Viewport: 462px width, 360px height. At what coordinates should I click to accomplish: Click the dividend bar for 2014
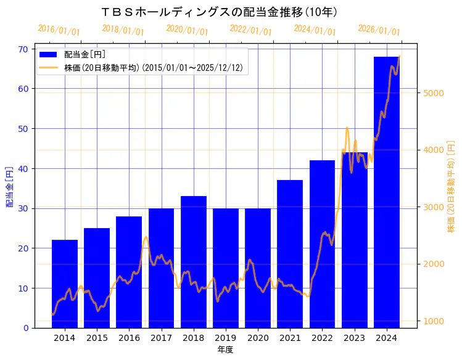[65, 284]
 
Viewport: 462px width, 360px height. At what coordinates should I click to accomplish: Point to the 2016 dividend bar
[129, 272]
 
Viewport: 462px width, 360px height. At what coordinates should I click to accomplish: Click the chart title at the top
[219, 12]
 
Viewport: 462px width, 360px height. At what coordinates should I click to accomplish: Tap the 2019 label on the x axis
[226, 338]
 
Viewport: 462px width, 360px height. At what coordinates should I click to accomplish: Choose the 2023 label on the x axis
[354, 338]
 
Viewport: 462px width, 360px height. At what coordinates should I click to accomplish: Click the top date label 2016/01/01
[59, 30]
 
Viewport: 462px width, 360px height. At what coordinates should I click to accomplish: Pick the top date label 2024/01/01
[315, 30]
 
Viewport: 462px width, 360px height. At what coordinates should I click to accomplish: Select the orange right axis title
[451, 187]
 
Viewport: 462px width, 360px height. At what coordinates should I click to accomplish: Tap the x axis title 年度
[225, 350]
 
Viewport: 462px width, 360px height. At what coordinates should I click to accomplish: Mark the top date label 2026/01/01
[379, 30]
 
